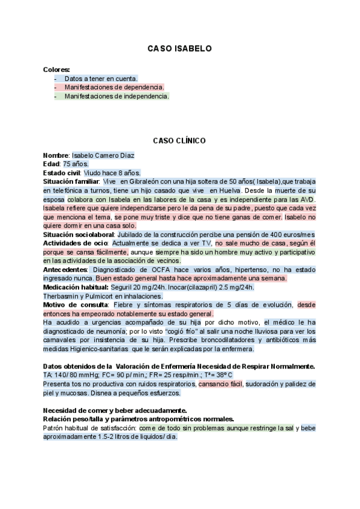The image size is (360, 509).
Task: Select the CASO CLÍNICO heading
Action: coord(179,140)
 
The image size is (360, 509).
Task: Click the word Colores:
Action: coord(56,70)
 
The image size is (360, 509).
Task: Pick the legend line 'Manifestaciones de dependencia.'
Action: coord(114,87)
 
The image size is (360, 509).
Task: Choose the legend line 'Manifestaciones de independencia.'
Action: coord(116,96)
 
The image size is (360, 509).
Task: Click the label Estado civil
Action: coord(62,173)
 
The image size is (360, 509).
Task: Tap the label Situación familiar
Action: coord(71,181)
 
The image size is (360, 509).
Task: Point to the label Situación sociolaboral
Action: coord(79,234)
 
